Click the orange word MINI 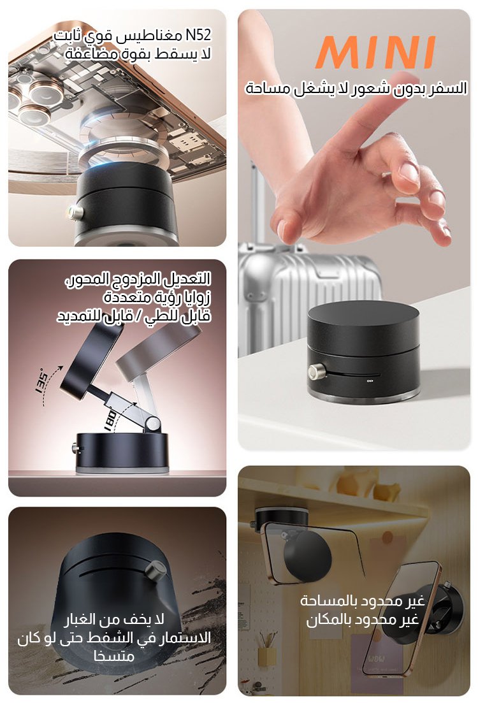[375, 52]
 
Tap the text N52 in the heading [198, 35]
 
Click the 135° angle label [41, 382]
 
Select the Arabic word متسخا [114, 656]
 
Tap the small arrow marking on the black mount [370, 382]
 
